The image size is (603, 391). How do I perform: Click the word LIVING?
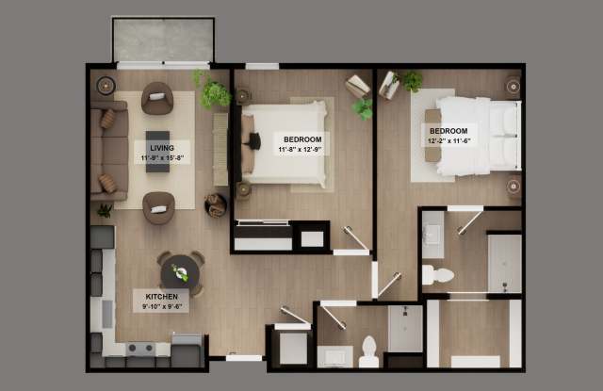point(159,147)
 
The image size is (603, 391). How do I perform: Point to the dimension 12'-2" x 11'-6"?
point(449,140)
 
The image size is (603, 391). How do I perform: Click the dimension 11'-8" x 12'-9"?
point(299,149)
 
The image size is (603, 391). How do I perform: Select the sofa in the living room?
point(109,151)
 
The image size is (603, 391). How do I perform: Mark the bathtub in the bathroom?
point(504,265)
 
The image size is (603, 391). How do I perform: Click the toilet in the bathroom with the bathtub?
point(438,275)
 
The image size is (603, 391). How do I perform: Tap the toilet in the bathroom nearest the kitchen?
point(368,350)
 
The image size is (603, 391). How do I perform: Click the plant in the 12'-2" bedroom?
point(412,82)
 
